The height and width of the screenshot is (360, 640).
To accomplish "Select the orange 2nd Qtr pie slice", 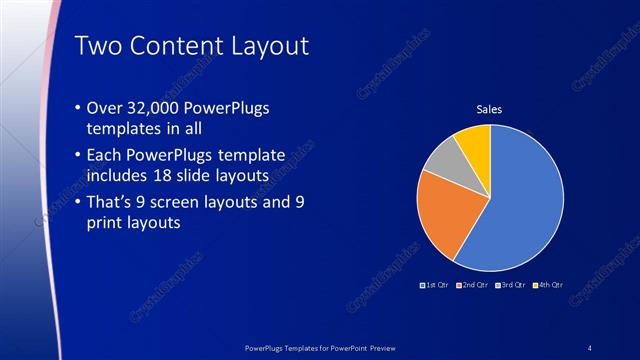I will pyautogui.click(x=446, y=215).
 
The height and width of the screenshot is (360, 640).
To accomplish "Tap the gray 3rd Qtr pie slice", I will pyautogui.click(x=442, y=160).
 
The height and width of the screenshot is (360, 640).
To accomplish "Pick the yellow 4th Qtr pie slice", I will pyautogui.click(x=474, y=143).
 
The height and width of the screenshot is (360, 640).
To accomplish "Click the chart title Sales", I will pyautogui.click(x=488, y=109).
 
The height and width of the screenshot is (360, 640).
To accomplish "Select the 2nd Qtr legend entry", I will pyautogui.click(x=474, y=285).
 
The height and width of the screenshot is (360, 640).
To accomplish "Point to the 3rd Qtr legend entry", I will pyautogui.click(x=511, y=285).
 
